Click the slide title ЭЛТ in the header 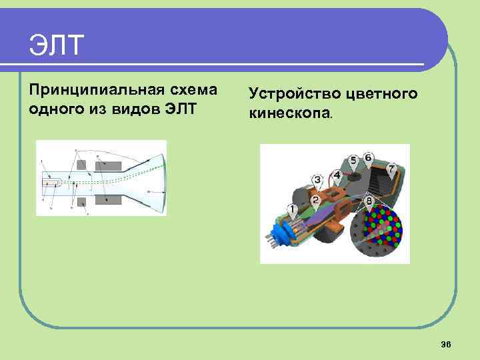pos(57,45)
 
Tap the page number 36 pos(446,343)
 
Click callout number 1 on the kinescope pos(292,209)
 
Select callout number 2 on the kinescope pos(315,199)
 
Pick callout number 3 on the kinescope pos(318,179)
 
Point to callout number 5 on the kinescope pos(353,160)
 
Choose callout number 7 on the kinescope pos(392,167)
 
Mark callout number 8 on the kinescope pos(369,200)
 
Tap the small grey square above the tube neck pos(82,165)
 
